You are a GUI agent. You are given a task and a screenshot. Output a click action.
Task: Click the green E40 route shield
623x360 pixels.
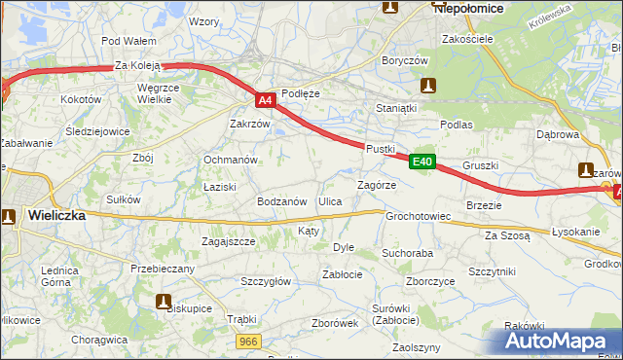[x=421, y=162]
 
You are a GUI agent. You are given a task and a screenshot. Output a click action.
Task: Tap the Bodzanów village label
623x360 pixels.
[x=281, y=201]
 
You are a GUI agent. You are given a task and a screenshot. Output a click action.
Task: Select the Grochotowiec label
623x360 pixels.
[x=418, y=216]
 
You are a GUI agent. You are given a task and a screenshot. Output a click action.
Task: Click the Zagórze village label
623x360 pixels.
[x=376, y=184]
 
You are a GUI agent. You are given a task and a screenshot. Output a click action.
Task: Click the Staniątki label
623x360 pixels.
[x=396, y=108]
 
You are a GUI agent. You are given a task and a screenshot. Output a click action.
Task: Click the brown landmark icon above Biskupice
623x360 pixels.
[x=163, y=300]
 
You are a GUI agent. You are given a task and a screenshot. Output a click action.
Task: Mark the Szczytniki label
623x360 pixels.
[x=492, y=271]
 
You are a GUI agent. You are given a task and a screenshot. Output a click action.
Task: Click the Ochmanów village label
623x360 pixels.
[x=229, y=160]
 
